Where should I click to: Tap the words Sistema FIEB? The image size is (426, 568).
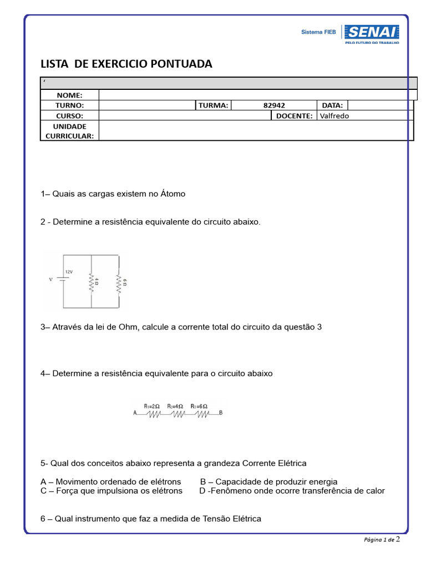click(318, 33)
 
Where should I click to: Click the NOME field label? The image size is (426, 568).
click(70, 95)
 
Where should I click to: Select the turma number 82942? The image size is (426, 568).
click(274, 105)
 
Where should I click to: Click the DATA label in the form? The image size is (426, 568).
click(332, 105)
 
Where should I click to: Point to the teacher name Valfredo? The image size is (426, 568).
click(334, 116)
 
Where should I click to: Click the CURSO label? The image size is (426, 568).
click(70, 116)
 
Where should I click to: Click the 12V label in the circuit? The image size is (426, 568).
click(69, 272)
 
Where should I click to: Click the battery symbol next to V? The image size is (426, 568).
click(63, 280)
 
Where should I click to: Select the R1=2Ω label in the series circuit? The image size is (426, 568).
click(152, 406)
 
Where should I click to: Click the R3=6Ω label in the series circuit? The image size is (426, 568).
click(199, 406)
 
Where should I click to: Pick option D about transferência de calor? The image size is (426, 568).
click(292, 491)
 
